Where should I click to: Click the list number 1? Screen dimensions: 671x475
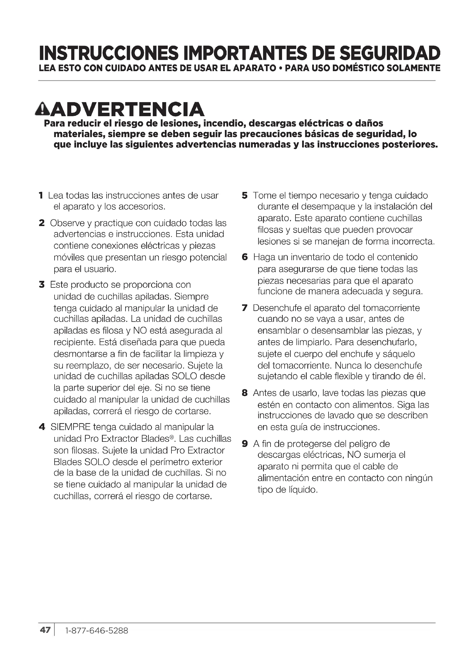[41, 195]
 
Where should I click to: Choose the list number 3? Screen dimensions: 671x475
[42, 284]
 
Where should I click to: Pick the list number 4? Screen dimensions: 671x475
[42, 427]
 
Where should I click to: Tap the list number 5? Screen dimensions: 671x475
[244, 195]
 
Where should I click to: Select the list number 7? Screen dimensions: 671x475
[244, 308]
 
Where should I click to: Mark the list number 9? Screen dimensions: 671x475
[245, 444]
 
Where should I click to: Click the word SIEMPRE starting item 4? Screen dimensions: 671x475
[70, 427]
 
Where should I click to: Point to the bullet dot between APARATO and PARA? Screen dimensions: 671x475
[281, 69]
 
